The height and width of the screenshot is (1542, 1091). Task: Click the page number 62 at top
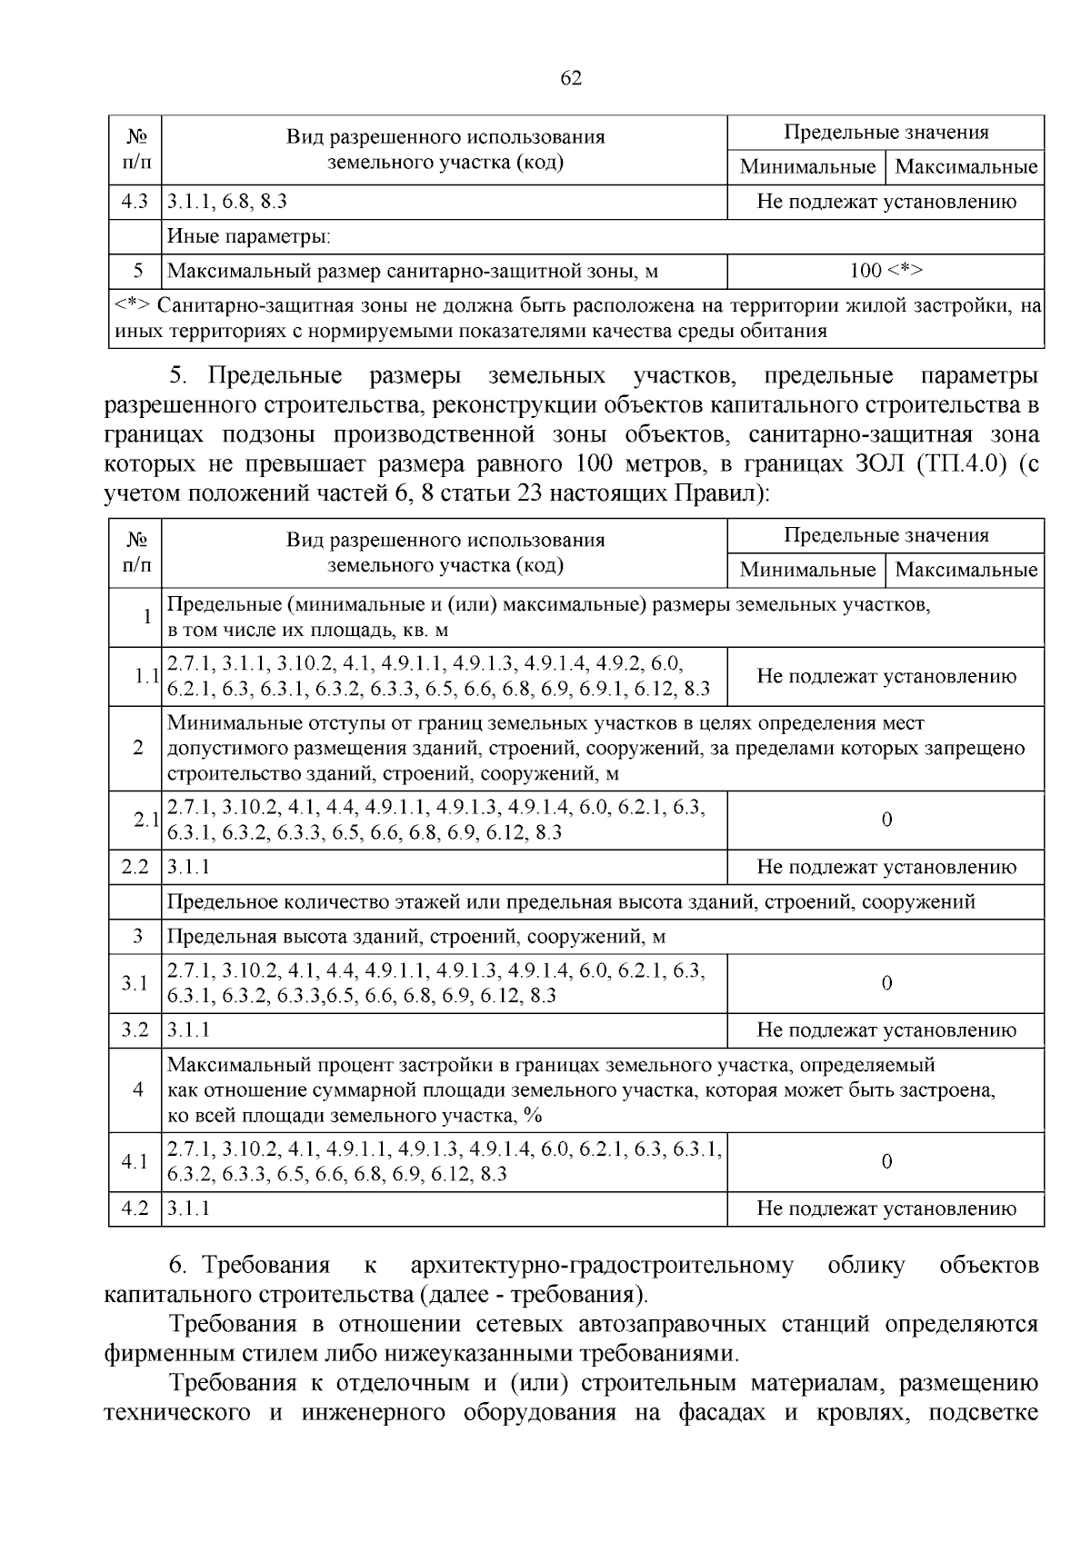coord(570,78)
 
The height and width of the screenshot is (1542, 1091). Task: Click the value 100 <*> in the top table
coord(886,271)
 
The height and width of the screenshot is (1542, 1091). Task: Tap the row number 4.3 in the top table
coord(135,202)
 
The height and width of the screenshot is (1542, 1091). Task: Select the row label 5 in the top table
coord(138,271)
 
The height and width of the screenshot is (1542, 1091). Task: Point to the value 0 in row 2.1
coord(886,820)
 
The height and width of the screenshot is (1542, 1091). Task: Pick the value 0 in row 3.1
coord(886,983)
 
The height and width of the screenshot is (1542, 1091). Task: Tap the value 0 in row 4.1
coord(886,1161)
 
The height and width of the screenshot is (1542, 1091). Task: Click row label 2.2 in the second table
coord(135,867)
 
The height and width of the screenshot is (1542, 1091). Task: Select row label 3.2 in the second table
coord(135,1030)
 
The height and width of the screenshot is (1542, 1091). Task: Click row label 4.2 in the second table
coord(135,1209)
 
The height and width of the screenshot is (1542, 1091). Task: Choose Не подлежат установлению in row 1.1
coord(886,676)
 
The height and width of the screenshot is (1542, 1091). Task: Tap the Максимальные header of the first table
coord(966,167)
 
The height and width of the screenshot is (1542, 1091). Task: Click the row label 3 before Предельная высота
coord(138,936)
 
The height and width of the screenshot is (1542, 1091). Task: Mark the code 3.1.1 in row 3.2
coord(188,1030)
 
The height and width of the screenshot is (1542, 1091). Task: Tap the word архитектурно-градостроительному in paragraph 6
coord(602,1265)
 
